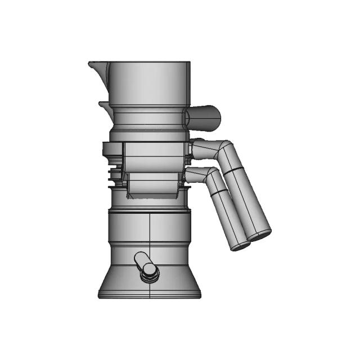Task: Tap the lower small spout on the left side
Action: tap(103, 105)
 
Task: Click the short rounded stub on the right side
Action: tap(205, 117)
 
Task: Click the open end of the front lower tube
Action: tap(240, 245)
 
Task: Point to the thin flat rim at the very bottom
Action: tap(149, 295)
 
